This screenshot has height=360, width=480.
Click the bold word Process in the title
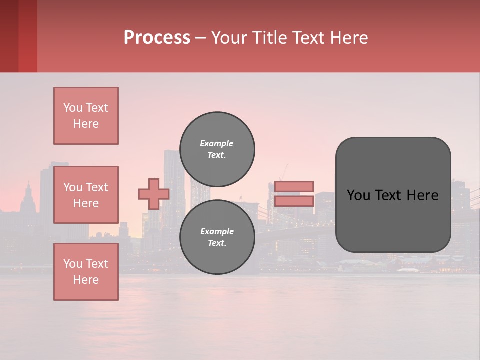point(157,38)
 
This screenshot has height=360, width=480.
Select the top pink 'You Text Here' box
point(86,116)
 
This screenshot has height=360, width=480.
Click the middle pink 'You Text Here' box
point(86,195)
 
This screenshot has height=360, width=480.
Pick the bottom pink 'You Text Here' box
point(86,272)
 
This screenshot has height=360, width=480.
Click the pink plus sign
point(154,194)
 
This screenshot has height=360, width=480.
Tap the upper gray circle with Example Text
point(217,149)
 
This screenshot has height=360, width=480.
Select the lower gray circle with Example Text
point(217,237)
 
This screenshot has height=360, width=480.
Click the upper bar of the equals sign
point(294,186)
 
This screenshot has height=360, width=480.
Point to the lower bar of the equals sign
point(294,201)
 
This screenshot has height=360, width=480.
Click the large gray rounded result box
point(393,220)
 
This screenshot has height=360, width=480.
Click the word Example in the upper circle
point(216,143)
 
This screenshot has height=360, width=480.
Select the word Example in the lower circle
point(217,231)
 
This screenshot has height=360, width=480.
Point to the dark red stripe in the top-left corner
point(9,36)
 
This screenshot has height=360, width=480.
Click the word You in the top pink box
point(73,108)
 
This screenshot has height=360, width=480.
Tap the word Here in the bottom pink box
point(86,280)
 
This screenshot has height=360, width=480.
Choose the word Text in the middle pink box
point(97,187)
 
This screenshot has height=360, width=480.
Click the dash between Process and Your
point(201,38)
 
